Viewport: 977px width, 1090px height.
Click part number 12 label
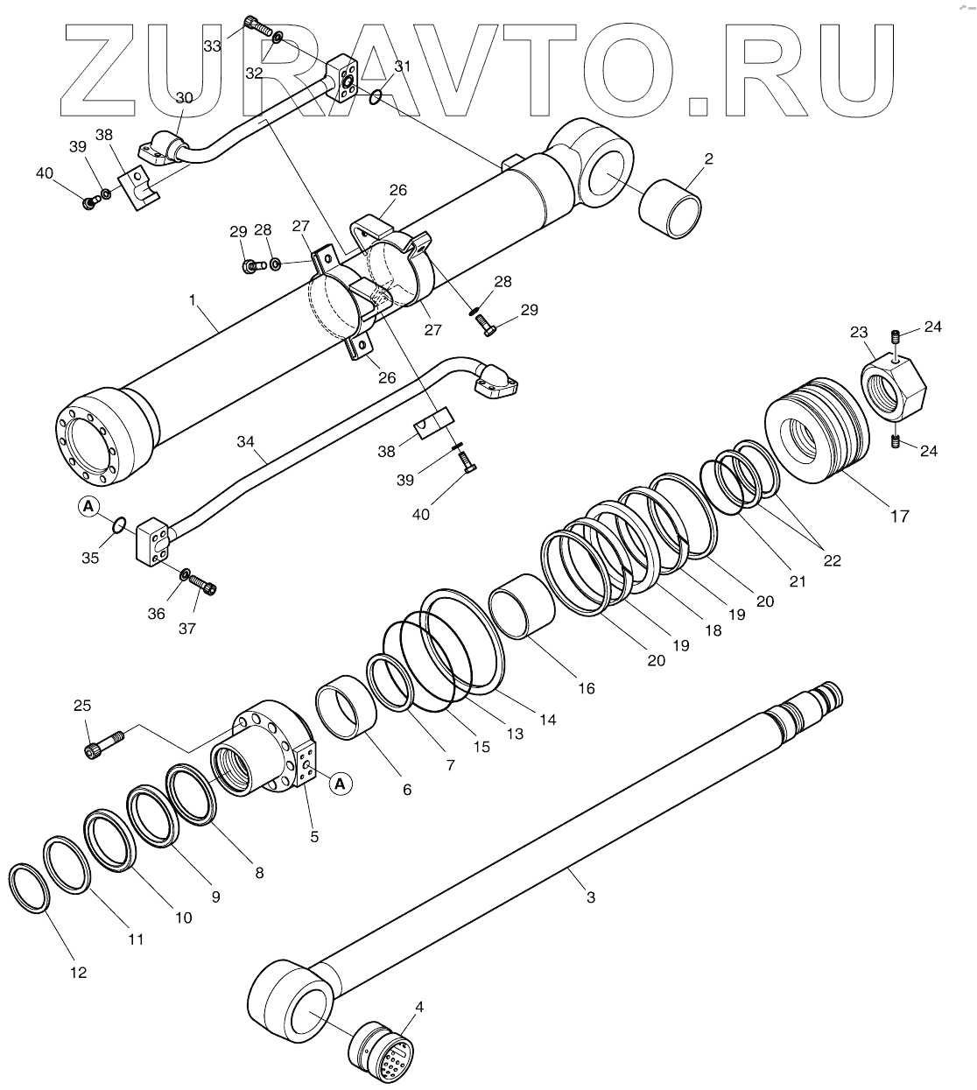(79, 972)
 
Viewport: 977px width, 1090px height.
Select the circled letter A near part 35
(88, 505)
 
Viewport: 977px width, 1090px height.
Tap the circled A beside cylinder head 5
(341, 784)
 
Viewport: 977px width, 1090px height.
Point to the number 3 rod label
(591, 897)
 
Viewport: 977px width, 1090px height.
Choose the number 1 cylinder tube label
(193, 299)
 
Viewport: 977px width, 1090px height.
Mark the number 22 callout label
(832, 560)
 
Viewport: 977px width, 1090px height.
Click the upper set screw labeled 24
(894, 337)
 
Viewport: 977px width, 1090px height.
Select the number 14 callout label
(548, 720)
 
